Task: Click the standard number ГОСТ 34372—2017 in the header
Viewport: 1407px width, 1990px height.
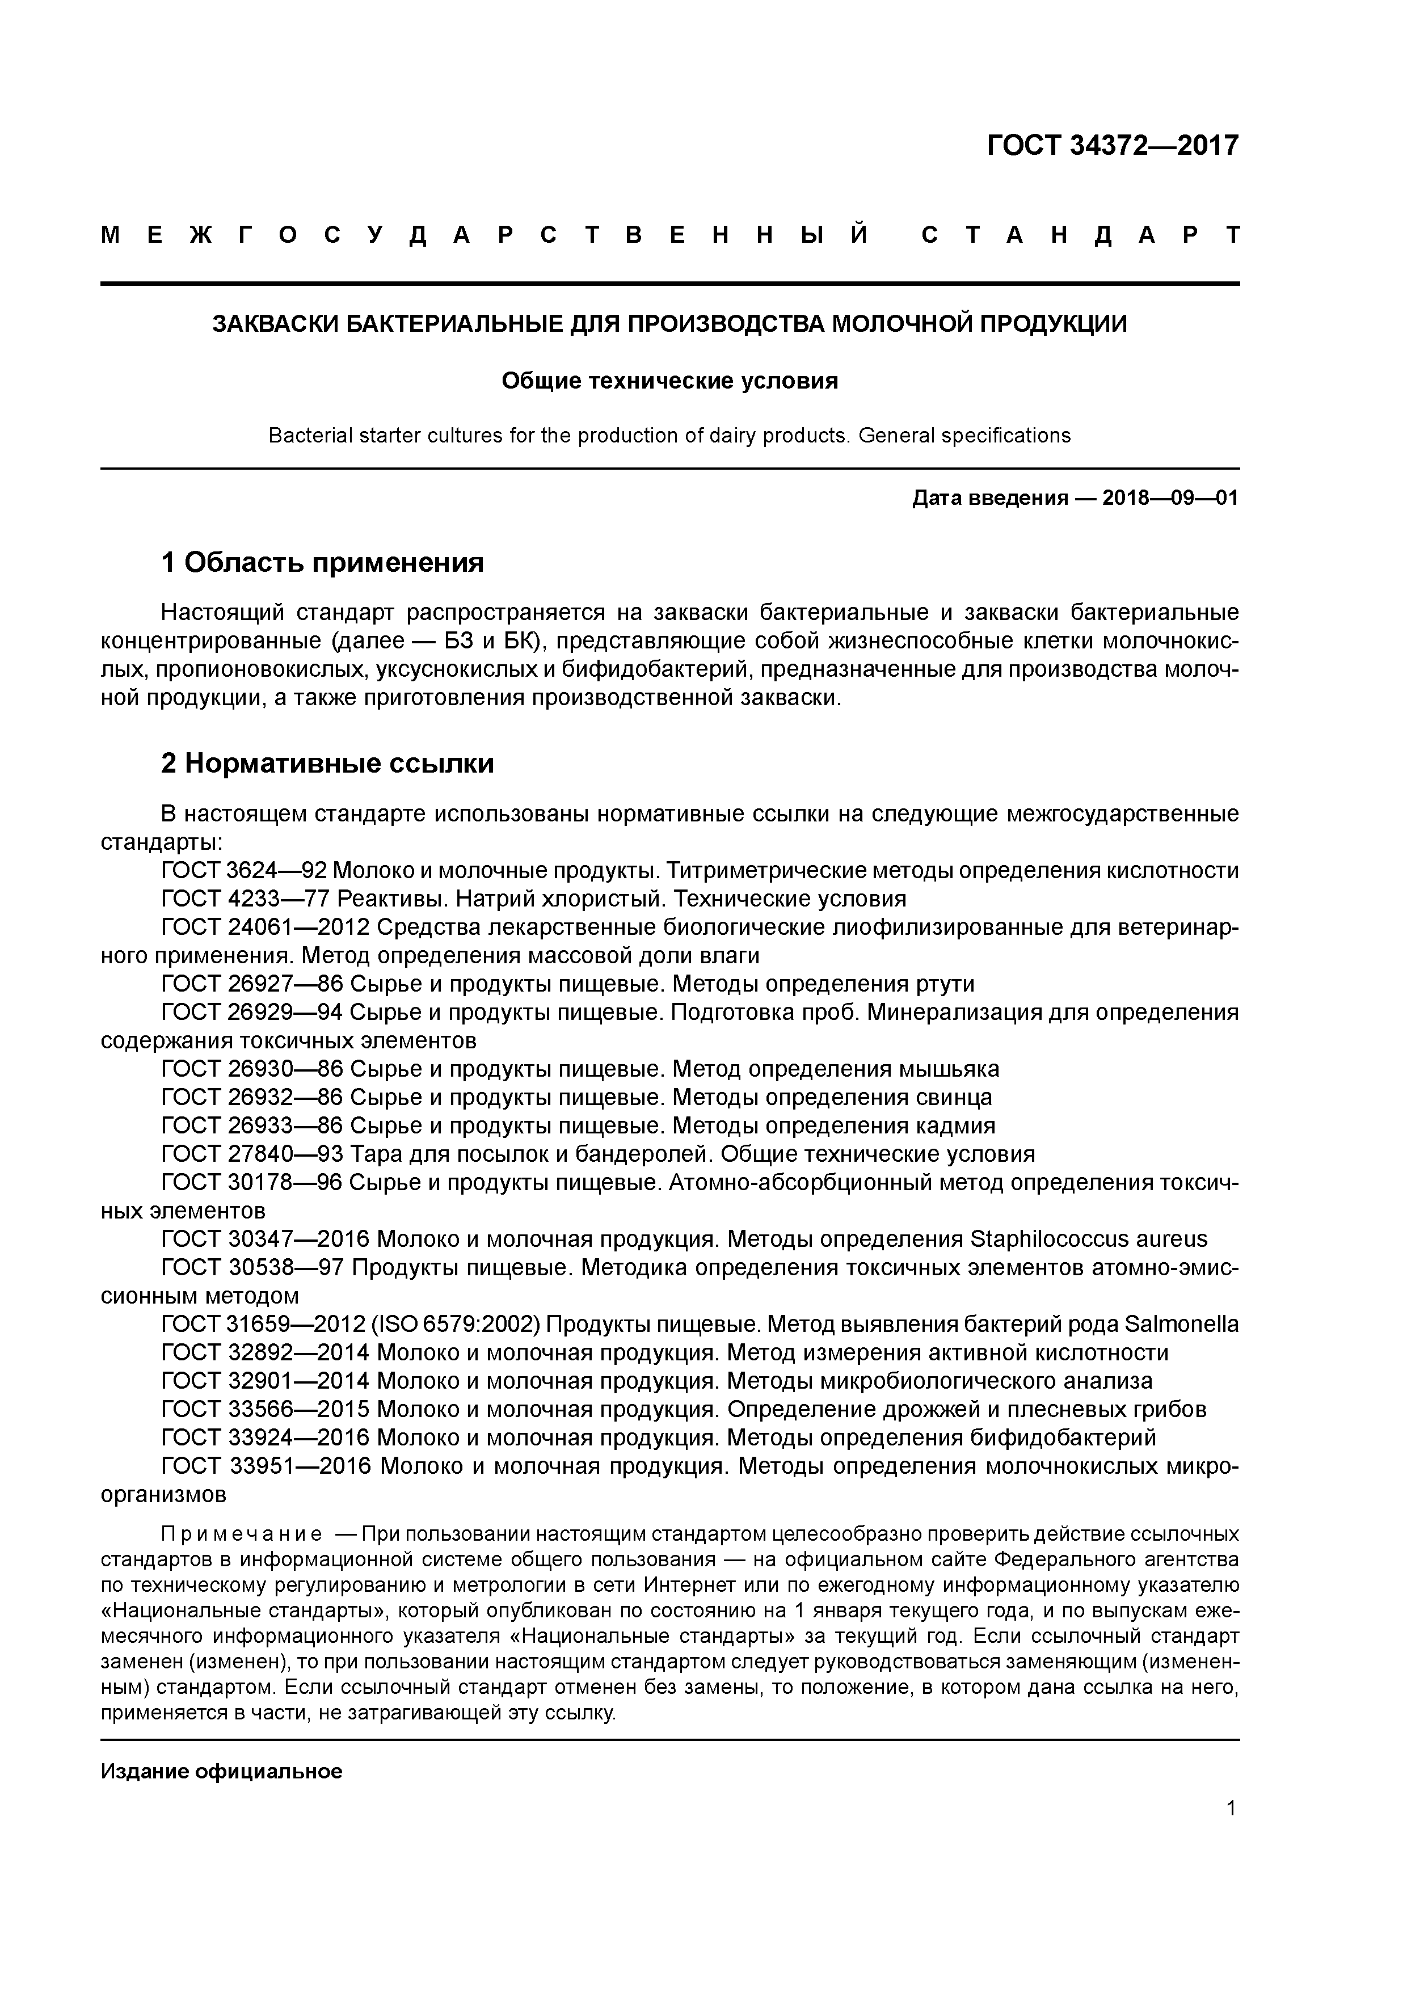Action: coord(1112,146)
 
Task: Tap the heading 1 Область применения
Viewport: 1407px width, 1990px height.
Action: coord(322,563)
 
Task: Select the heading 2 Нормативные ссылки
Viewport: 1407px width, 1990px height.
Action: coord(328,764)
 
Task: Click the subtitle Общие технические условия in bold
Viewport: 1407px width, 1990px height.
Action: coord(669,381)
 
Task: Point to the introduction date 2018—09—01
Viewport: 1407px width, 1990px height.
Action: coord(1169,499)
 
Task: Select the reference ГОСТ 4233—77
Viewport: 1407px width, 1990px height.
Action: coord(245,899)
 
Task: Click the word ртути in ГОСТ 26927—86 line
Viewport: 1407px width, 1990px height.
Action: coord(944,984)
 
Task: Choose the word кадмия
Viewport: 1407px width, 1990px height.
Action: coord(955,1126)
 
